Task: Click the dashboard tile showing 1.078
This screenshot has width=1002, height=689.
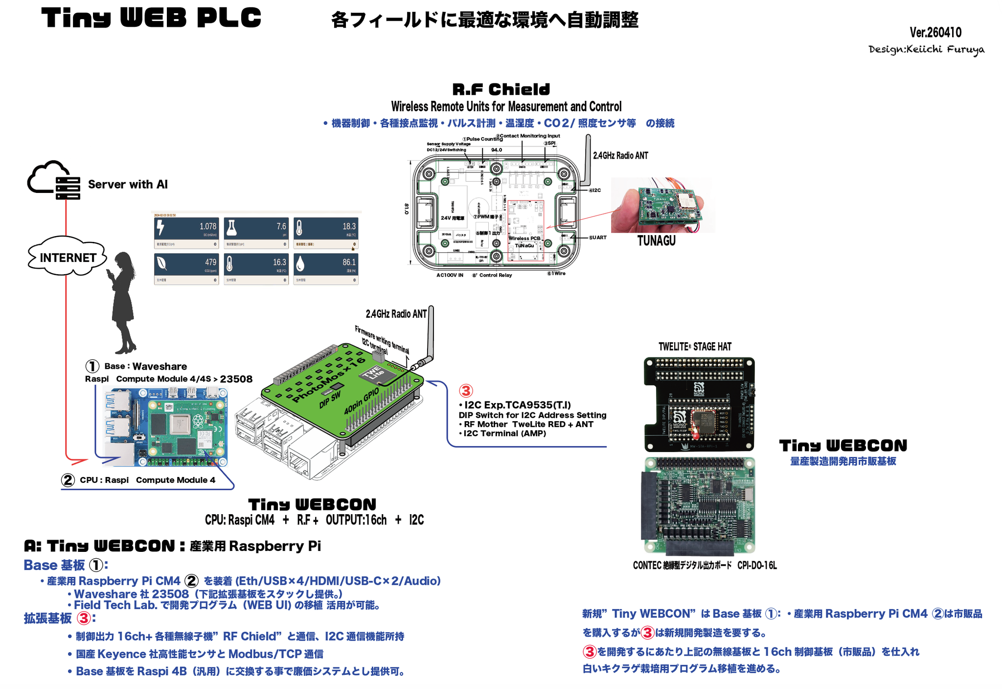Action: point(186,233)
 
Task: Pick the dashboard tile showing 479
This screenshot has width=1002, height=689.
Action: point(186,268)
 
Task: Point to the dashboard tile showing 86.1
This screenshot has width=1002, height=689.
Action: point(326,268)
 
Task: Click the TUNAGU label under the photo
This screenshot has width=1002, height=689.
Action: point(656,241)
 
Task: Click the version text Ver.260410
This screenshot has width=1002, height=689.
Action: point(935,33)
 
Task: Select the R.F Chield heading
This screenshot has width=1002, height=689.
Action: point(501,90)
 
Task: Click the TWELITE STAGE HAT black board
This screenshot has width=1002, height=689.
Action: point(699,404)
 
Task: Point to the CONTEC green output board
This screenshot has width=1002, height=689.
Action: point(699,505)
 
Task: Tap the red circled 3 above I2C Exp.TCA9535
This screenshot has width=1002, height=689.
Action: point(466,391)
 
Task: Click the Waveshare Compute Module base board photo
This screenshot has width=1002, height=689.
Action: point(165,426)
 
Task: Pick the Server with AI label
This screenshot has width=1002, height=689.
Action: point(128,185)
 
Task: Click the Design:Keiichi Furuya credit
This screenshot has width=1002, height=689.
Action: point(926,49)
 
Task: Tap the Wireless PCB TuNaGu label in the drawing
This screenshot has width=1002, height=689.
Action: point(524,242)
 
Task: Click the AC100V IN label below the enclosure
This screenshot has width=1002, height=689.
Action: point(450,275)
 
